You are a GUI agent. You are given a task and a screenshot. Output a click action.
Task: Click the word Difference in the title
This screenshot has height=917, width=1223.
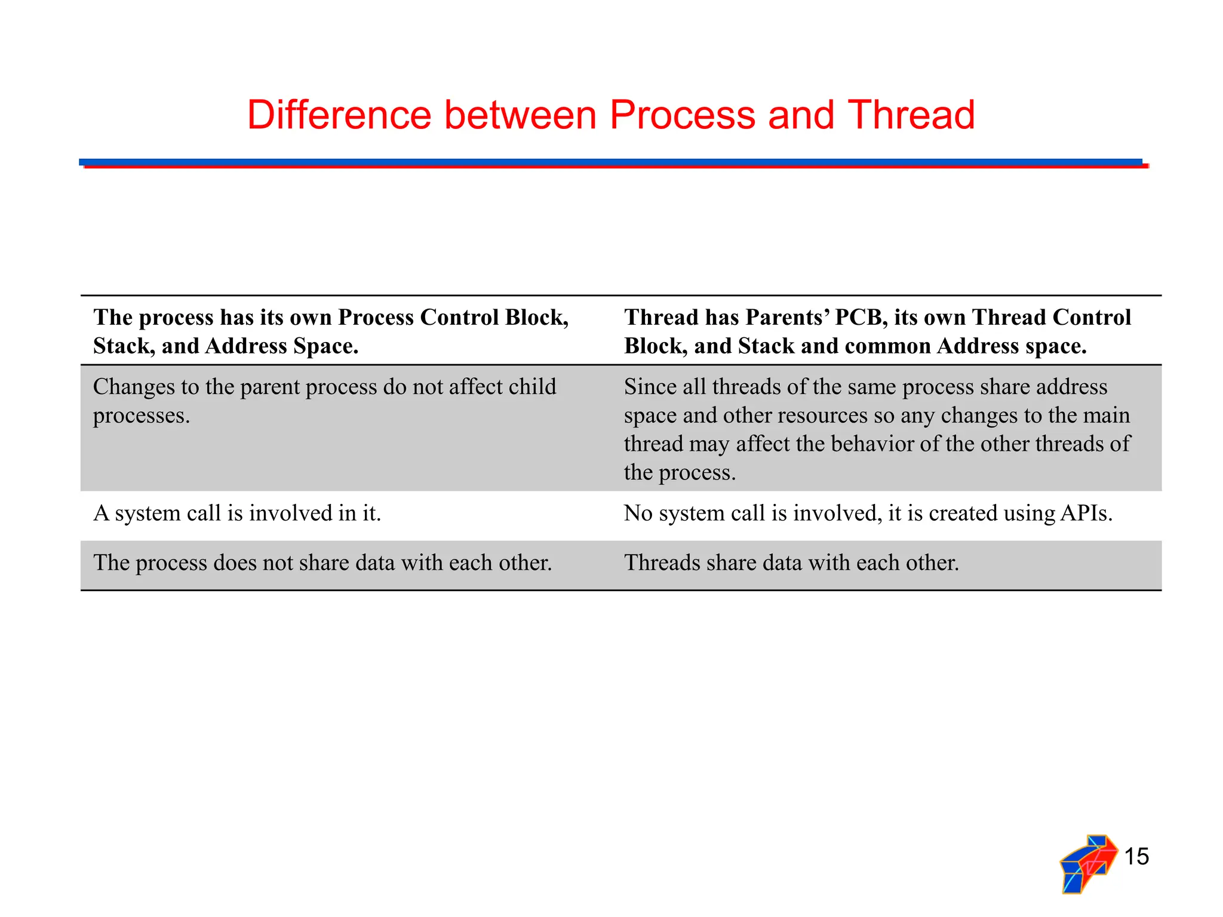[x=339, y=115]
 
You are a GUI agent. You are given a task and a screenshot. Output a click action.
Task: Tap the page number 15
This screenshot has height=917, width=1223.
[x=1136, y=857]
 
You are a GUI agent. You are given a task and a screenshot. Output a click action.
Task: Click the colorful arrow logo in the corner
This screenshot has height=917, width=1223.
[x=1088, y=863]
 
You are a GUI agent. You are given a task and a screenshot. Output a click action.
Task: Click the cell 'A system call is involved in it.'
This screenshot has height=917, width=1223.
[x=237, y=513]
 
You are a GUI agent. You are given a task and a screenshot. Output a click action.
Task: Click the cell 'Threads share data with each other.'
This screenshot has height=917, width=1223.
[x=791, y=563]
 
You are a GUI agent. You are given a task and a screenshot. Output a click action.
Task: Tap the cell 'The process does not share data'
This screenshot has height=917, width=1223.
[x=322, y=563]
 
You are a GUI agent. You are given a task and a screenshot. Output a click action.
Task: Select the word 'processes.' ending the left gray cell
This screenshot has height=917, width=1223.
[x=142, y=416]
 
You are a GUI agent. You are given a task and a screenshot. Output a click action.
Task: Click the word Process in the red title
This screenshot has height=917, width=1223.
[x=683, y=115]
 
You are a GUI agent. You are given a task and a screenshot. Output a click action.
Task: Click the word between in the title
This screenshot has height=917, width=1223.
[x=520, y=115]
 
